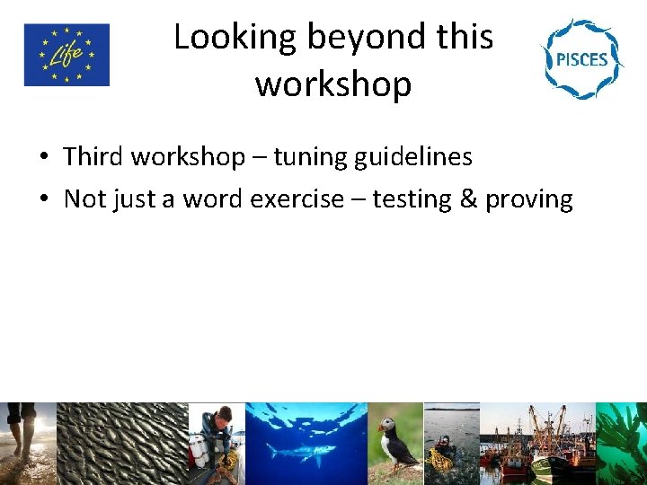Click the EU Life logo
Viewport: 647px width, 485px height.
[66, 55]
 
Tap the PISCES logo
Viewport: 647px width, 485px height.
[581, 58]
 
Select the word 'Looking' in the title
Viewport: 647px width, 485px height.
[235, 38]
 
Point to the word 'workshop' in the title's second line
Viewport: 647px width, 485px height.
[333, 84]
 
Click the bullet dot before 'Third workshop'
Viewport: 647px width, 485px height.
[43, 158]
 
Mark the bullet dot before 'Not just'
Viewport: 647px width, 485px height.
[43, 200]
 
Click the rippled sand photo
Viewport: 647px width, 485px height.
[122, 444]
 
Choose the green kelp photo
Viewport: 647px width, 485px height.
[622, 444]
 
